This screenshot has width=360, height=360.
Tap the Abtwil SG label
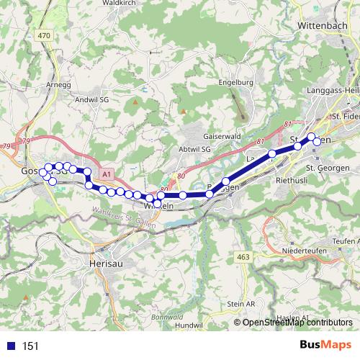point(194,149)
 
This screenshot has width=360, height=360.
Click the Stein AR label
point(240,305)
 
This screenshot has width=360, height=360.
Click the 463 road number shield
point(242,256)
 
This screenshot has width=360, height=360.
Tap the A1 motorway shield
point(107,174)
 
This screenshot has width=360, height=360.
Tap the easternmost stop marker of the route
point(317,141)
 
